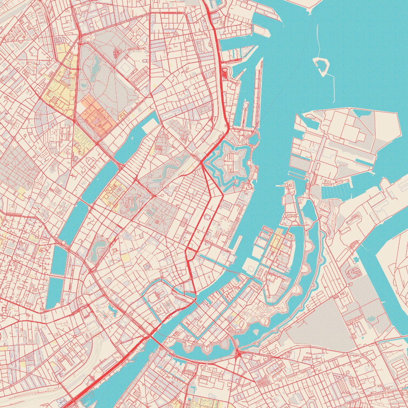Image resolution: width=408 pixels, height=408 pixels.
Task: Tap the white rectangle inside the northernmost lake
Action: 150,127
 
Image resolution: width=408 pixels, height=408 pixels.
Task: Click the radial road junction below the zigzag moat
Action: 238,354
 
